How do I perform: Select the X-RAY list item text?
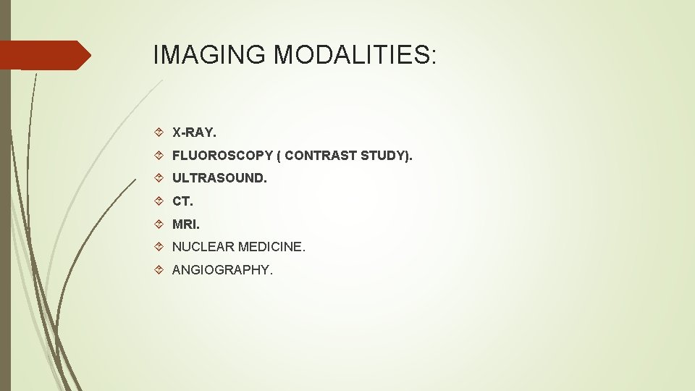click(194, 133)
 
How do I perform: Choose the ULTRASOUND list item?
click(219, 178)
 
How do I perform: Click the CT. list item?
click(182, 201)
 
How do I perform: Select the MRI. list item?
click(185, 224)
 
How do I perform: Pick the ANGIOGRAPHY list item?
click(222, 271)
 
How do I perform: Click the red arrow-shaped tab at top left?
click(43, 55)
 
